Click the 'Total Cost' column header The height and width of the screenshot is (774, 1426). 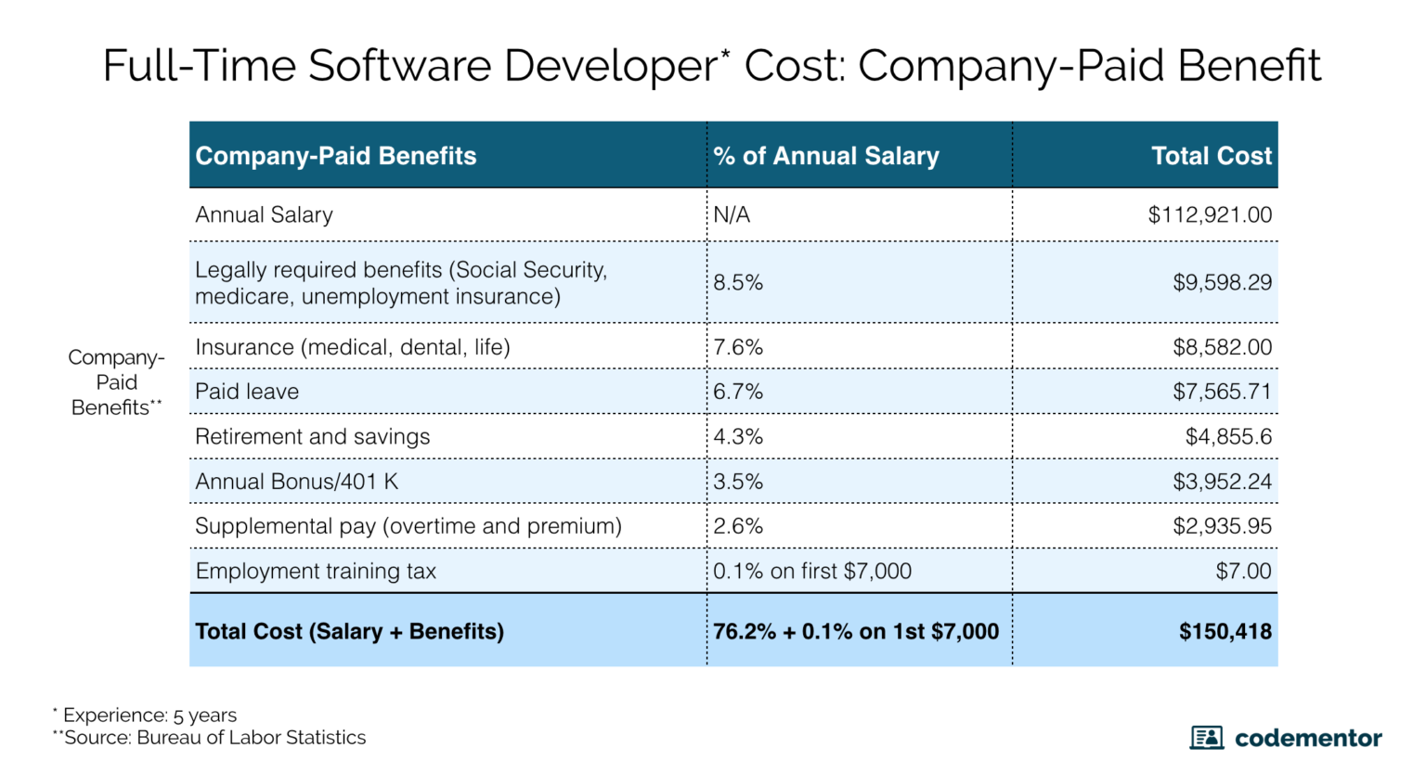pos(1211,156)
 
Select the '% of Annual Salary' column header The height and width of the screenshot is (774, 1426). pos(826,156)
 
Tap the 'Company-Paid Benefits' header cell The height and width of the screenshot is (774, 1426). pos(335,156)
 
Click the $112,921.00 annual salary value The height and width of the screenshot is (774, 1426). pos(1209,215)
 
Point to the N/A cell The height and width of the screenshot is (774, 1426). pos(732,215)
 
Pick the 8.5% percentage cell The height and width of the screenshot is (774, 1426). pos(738,283)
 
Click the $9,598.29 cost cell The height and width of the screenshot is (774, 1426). pos(1222,283)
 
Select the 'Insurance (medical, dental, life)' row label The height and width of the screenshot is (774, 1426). pos(353,347)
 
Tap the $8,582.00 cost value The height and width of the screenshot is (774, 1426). pos(1222,347)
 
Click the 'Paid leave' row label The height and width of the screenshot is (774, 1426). pos(247,392)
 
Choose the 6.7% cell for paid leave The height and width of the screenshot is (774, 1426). pos(738,392)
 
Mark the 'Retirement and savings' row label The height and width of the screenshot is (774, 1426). pos(312,437)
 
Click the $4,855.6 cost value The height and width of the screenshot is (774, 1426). pos(1228,437)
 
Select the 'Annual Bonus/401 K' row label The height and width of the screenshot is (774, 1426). pos(296,482)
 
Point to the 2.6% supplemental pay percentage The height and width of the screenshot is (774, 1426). pos(738,526)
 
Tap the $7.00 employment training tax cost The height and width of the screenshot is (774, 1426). pos(1243,572)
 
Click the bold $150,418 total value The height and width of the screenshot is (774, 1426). pos(1225,632)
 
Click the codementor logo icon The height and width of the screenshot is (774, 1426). pos(1206,738)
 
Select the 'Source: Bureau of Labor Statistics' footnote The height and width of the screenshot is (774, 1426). pos(214,738)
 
